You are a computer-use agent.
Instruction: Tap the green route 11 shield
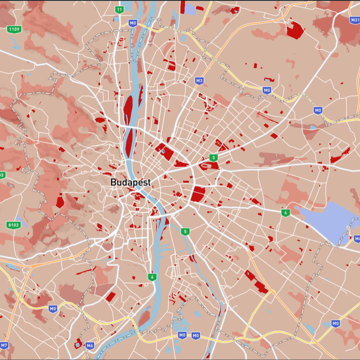point(119,10)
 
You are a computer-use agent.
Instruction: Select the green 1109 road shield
point(14,29)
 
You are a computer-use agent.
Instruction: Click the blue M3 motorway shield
point(199,81)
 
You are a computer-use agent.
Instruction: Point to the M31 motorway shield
point(355,20)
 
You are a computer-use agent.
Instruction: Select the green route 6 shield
point(152,277)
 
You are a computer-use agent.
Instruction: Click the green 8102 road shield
point(14,225)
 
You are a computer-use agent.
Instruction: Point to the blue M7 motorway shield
point(4,345)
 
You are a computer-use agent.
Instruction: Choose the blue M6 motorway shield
point(89,346)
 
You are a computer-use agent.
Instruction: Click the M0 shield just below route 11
point(133,23)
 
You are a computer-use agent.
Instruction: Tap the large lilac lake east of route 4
point(327,220)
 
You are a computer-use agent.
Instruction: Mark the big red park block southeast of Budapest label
point(198,194)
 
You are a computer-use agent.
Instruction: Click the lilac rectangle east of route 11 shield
point(190,9)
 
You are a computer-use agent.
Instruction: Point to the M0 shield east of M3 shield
point(266,90)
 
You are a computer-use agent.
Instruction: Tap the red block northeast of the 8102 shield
point(60,202)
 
